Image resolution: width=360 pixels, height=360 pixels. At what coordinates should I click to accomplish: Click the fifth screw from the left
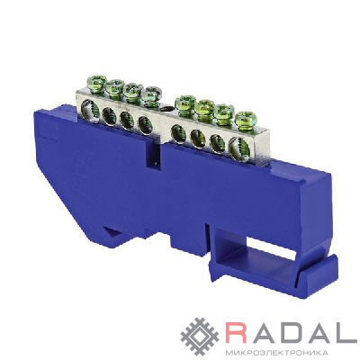185,102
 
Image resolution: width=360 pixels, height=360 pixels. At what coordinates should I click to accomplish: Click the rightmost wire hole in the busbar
239,148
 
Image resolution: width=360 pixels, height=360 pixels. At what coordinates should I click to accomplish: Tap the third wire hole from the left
127,120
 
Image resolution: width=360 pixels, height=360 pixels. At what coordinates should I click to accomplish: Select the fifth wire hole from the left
179,134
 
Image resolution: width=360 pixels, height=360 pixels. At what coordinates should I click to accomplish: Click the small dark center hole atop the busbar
166,108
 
